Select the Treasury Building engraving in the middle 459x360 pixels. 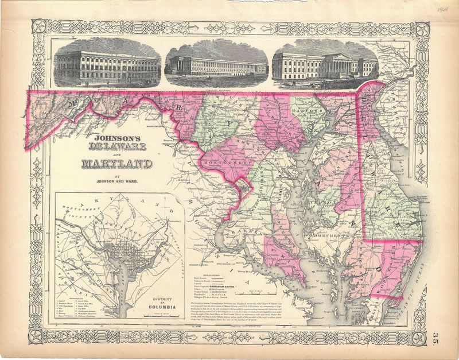(x=216, y=63)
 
